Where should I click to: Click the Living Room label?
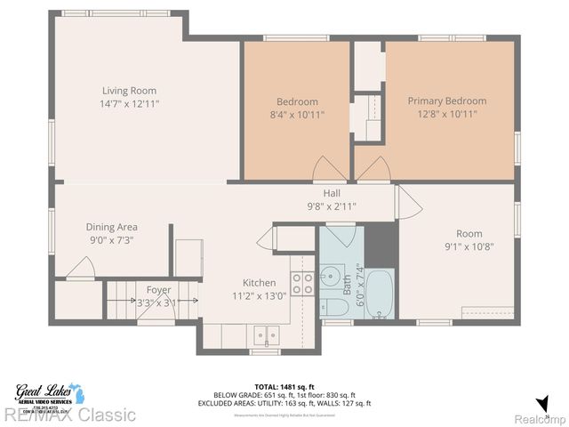point(130,90)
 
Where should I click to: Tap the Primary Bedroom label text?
point(446,101)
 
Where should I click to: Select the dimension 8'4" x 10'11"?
point(296,114)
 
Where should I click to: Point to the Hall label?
point(331,193)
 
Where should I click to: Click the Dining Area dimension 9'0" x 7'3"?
point(111,240)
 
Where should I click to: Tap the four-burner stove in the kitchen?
point(302,283)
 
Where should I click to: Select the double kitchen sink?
point(263,336)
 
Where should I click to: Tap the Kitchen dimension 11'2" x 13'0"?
point(259,296)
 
